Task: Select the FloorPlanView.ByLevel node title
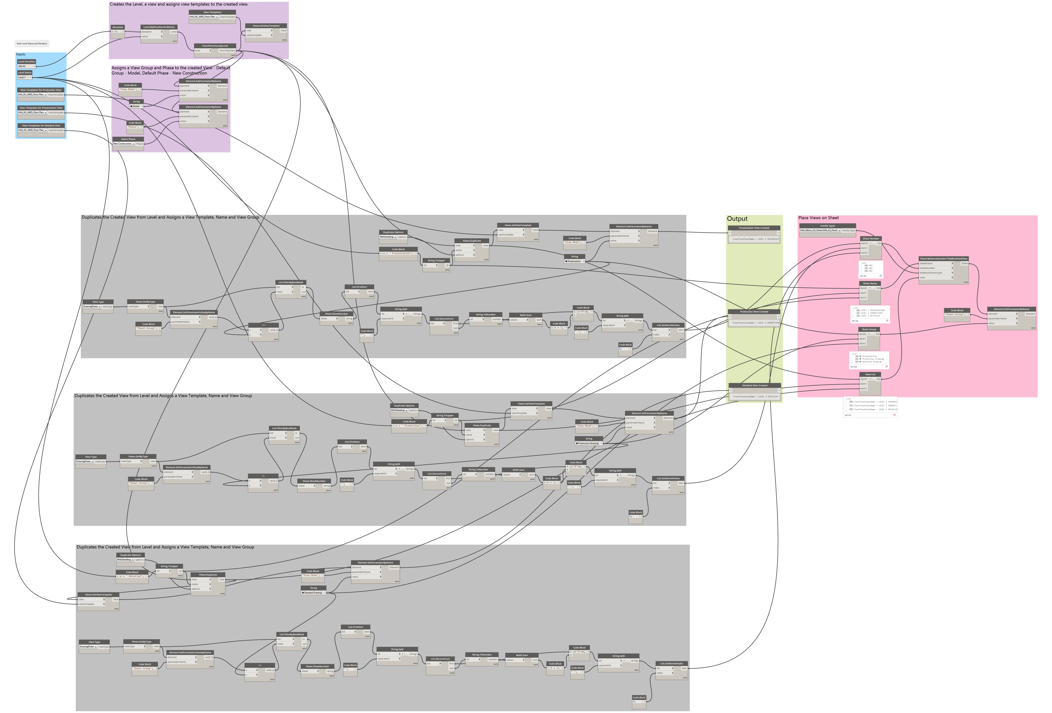tap(215, 46)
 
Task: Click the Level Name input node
tap(25, 73)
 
